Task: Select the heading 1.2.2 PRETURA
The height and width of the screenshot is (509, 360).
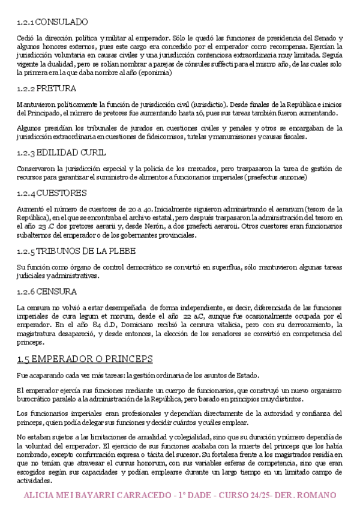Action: [x=47, y=89]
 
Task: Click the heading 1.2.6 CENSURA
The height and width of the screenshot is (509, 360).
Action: [x=47, y=292]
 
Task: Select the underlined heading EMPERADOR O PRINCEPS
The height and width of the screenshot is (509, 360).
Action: [x=85, y=359]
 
